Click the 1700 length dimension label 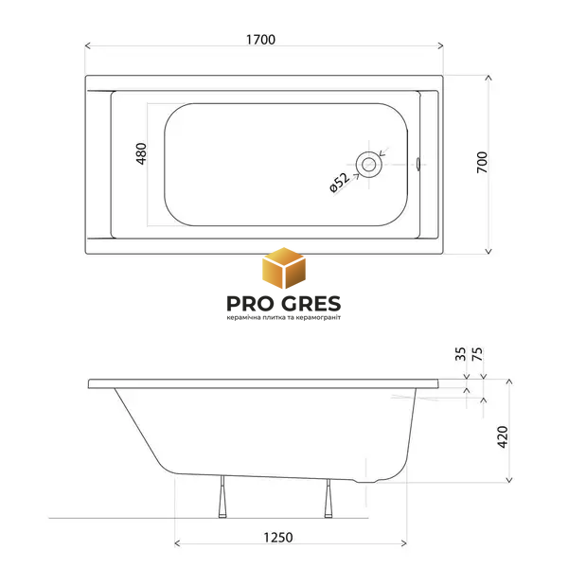[260, 40]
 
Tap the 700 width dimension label [482, 162]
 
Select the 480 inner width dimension [141, 154]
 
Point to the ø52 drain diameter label [339, 183]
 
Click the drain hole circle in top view [369, 165]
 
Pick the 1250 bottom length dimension [277, 537]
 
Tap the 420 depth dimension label [503, 437]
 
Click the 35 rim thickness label [460, 354]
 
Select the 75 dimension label [477, 354]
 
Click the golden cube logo [284, 268]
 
